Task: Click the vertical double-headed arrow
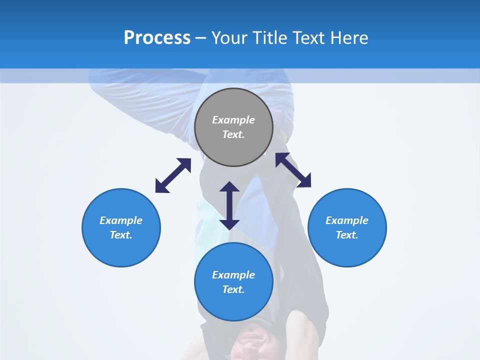pyautogui.click(x=229, y=205)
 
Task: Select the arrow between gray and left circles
pyautogui.click(x=173, y=175)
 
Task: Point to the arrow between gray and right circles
pyautogui.click(x=293, y=170)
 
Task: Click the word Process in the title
pyautogui.click(x=157, y=38)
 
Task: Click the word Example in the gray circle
pyautogui.click(x=233, y=120)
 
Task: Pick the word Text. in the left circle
pyautogui.click(x=121, y=235)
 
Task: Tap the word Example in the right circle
pyautogui.click(x=347, y=220)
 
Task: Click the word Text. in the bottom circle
pyautogui.click(x=233, y=289)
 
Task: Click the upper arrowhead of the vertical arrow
pyautogui.click(x=229, y=187)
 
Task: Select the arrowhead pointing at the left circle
pyautogui.click(x=161, y=187)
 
